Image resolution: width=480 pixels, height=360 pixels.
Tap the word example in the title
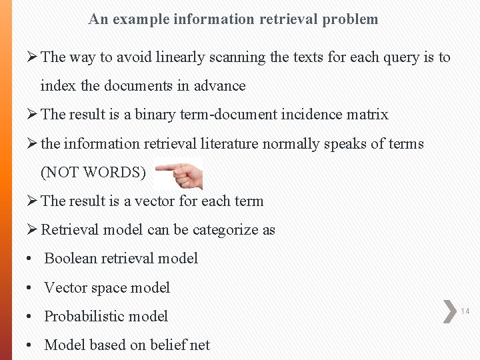point(141,19)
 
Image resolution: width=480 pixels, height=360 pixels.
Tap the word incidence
point(311,115)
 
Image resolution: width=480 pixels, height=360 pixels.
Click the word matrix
point(367,115)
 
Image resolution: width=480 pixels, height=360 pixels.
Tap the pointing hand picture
point(179,175)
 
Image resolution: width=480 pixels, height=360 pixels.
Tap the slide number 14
point(465,311)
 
